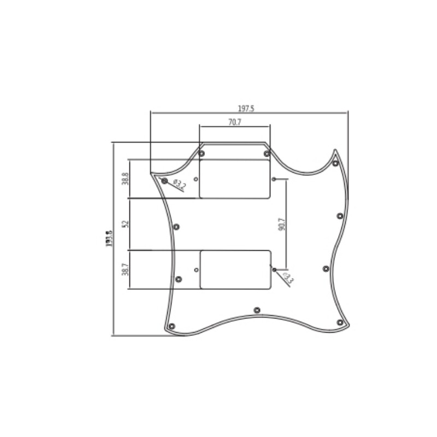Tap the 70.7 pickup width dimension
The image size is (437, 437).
click(234, 122)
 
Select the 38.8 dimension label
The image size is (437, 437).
click(126, 179)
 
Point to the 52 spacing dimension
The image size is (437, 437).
click(126, 224)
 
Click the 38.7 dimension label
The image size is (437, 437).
click(126, 269)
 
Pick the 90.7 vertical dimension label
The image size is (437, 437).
click(281, 225)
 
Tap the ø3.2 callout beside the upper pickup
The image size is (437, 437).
click(179, 184)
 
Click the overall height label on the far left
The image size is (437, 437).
click(109, 239)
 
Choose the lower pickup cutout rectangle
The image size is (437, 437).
click(235, 269)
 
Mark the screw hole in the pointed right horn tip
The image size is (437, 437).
click(335, 163)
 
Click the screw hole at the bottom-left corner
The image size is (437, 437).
click(172, 326)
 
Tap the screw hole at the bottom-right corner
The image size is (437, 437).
click(340, 323)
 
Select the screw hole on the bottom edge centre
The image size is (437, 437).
click(257, 310)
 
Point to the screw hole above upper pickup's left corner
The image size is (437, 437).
click(202, 153)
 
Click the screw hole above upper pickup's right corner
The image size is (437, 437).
click(267, 153)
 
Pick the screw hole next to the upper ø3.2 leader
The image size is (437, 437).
click(164, 180)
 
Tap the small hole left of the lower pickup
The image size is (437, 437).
click(197, 269)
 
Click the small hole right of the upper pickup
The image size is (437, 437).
click(274, 179)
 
